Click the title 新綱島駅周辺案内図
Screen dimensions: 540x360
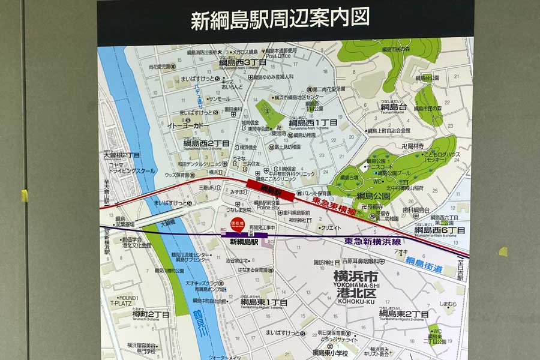(280, 19)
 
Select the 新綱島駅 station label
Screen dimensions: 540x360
(244, 242)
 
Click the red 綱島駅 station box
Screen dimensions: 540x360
(271, 190)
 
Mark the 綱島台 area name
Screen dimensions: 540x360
(394, 107)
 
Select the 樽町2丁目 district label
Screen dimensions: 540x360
(135, 314)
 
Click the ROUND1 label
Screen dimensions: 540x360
(128, 298)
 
